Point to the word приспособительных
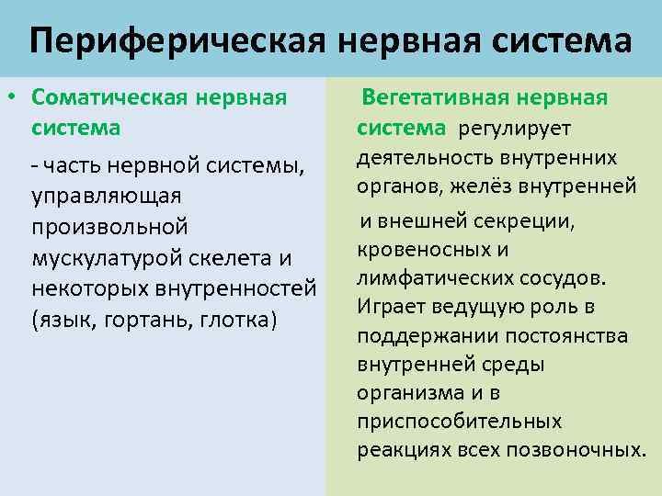click(459, 423)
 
